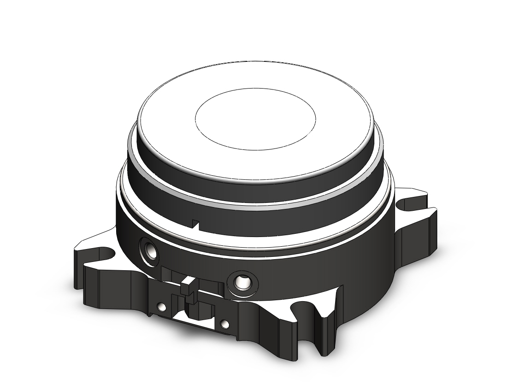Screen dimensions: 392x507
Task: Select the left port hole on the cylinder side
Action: pos(149,251)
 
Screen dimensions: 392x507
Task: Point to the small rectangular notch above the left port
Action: pos(195,224)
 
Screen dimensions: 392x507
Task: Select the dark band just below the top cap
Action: pos(258,189)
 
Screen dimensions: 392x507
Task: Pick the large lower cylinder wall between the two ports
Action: pos(198,258)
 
